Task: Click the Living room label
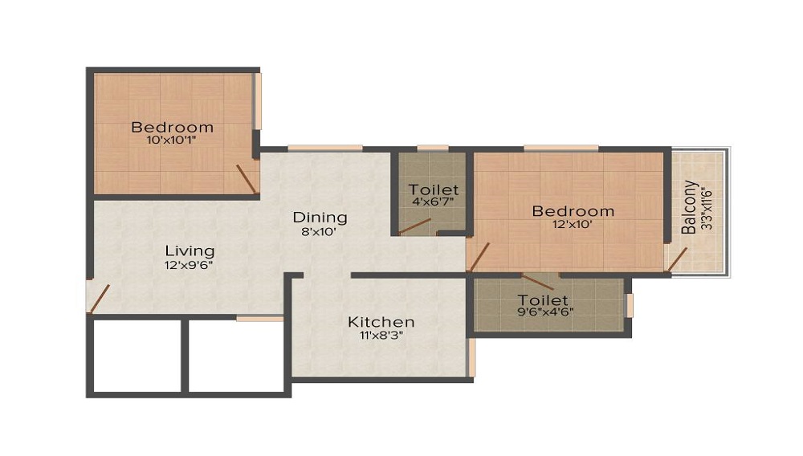[190, 250]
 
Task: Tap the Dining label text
[320, 217]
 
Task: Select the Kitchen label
[381, 322]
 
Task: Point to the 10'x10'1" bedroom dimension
[172, 140]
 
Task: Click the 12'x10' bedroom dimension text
[573, 225]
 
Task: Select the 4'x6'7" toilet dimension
[434, 202]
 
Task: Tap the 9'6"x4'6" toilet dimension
[545, 312]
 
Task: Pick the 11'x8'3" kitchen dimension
[381, 336]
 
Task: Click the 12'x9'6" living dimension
[190, 263]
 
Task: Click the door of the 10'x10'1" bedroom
[247, 179]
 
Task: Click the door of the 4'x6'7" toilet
[414, 226]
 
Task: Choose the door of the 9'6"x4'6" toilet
[536, 281]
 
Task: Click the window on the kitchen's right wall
[471, 357]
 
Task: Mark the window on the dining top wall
[324, 148]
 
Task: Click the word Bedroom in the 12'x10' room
[573, 211]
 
